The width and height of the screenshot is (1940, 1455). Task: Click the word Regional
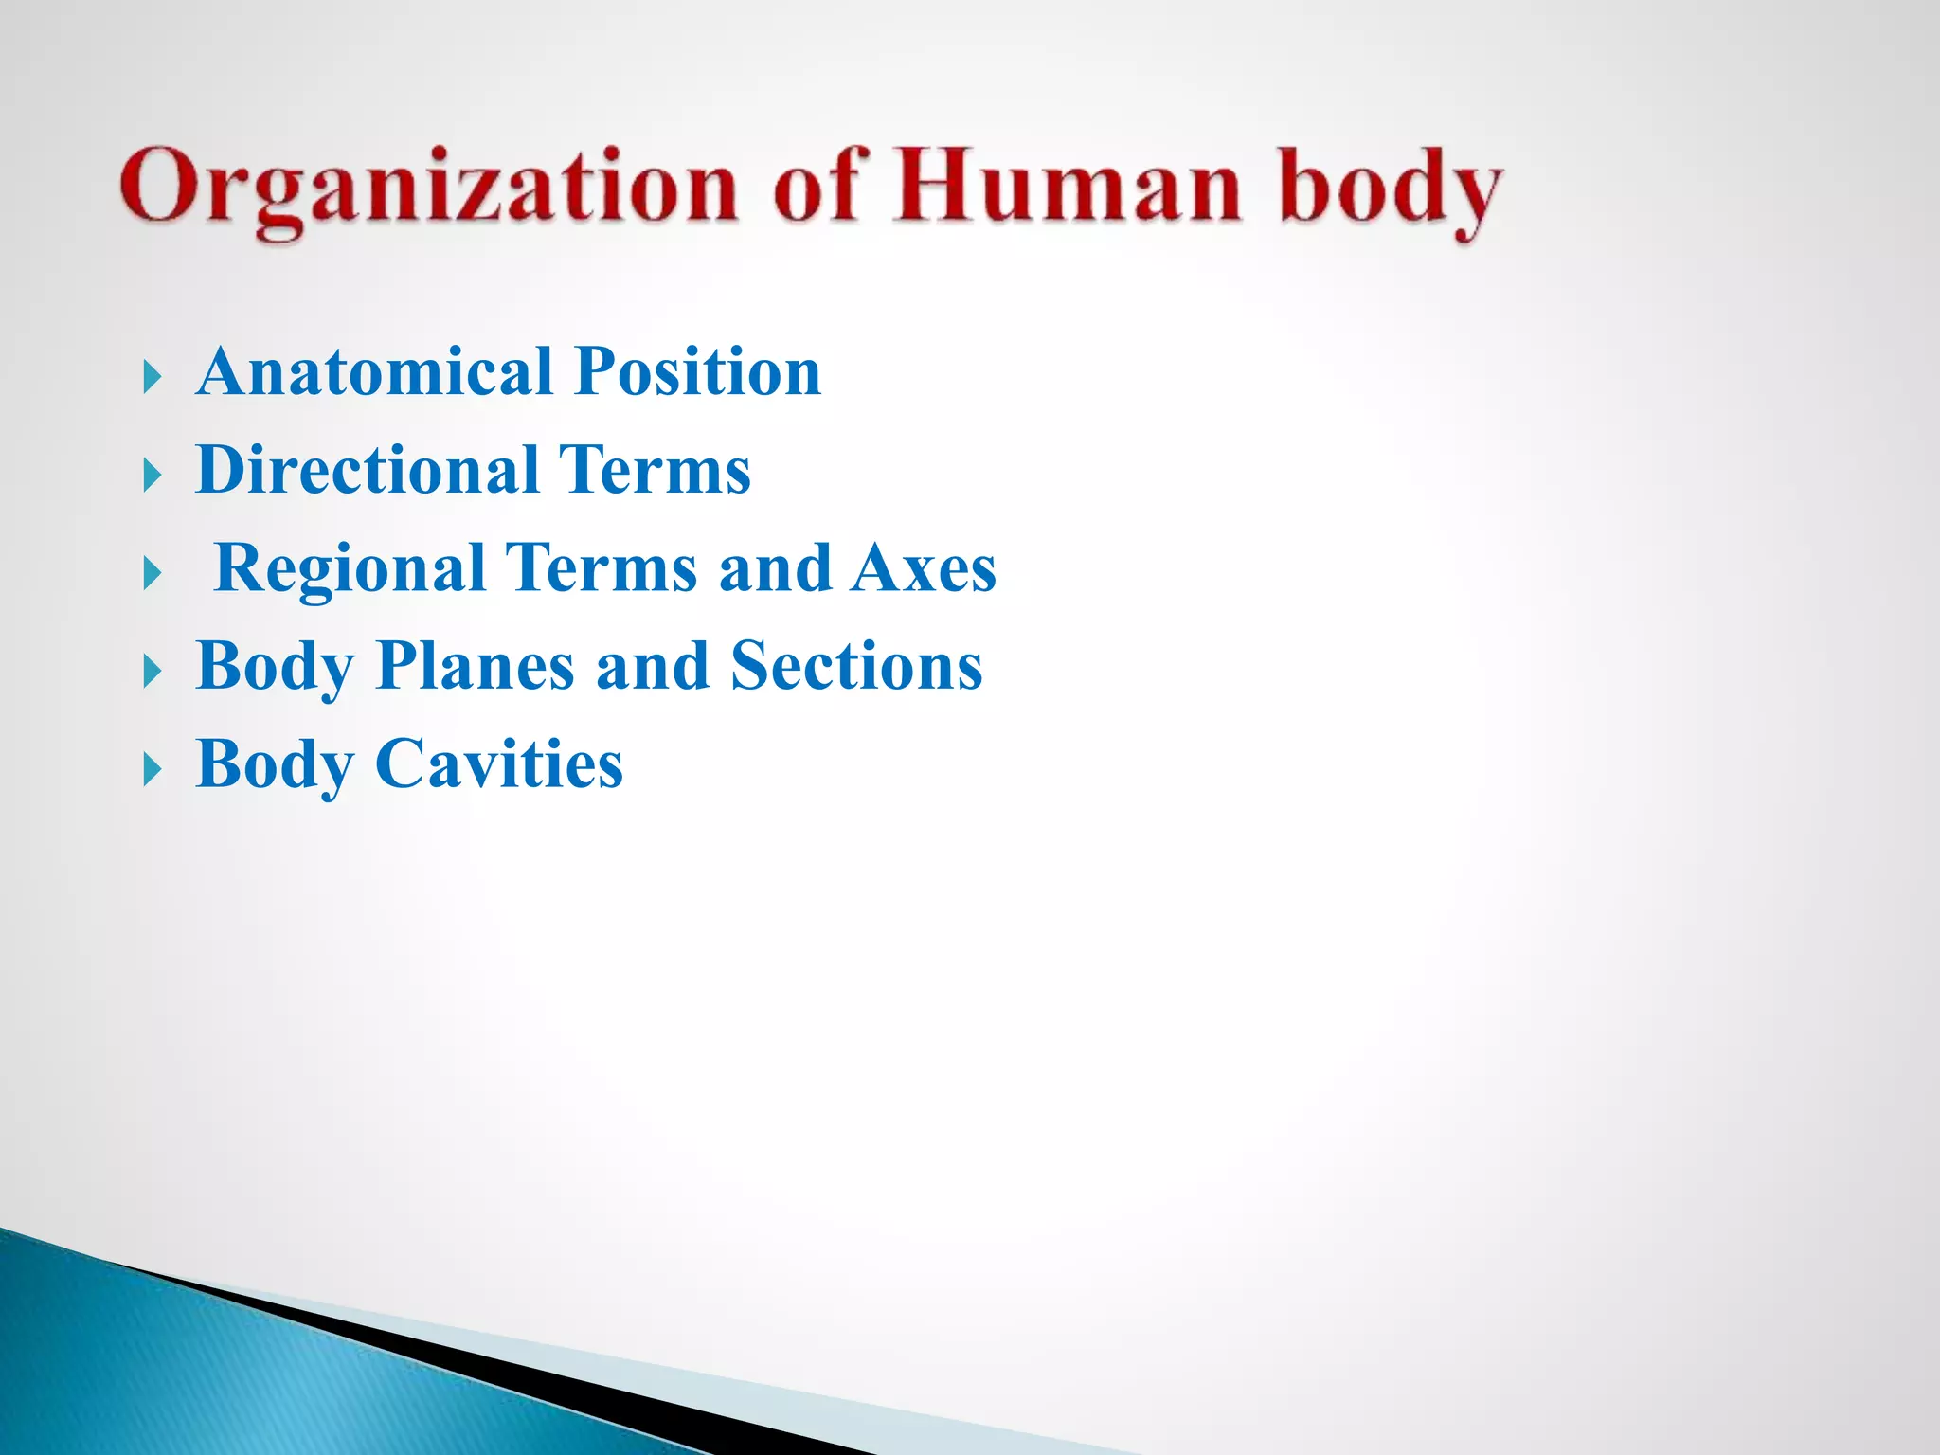pyautogui.click(x=350, y=568)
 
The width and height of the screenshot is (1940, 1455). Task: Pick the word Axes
pyautogui.click(x=924, y=568)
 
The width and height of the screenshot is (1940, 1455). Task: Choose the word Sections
pyautogui.click(x=857, y=666)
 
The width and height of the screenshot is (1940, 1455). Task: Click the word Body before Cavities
pyautogui.click(x=275, y=765)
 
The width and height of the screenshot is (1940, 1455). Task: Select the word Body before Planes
pyautogui.click(x=275, y=668)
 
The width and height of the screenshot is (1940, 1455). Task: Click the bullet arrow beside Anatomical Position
pyautogui.click(x=153, y=378)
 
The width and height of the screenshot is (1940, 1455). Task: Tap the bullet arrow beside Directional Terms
pyautogui.click(x=153, y=476)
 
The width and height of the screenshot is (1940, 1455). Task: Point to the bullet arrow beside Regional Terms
pyautogui.click(x=153, y=574)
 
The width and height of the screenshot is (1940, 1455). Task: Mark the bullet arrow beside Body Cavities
pyautogui.click(x=153, y=771)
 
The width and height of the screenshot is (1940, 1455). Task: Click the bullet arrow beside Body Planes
pyautogui.click(x=153, y=673)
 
